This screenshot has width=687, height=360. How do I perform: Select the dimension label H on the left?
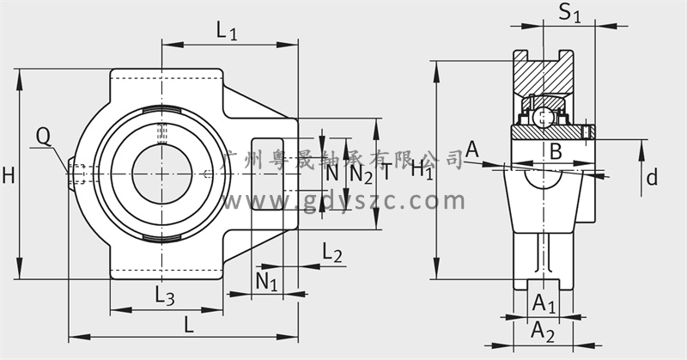click(9, 176)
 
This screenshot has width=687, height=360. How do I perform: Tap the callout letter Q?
click(43, 135)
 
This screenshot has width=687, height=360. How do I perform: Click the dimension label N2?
click(361, 174)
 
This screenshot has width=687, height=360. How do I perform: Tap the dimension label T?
click(386, 172)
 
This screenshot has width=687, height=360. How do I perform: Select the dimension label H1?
click(421, 169)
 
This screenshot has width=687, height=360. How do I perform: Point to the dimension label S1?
click(569, 14)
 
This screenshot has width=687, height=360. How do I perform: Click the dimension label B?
click(556, 152)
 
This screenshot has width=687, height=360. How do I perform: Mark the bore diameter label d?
click(652, 178)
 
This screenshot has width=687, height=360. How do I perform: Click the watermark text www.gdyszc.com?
click(343, 203)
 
